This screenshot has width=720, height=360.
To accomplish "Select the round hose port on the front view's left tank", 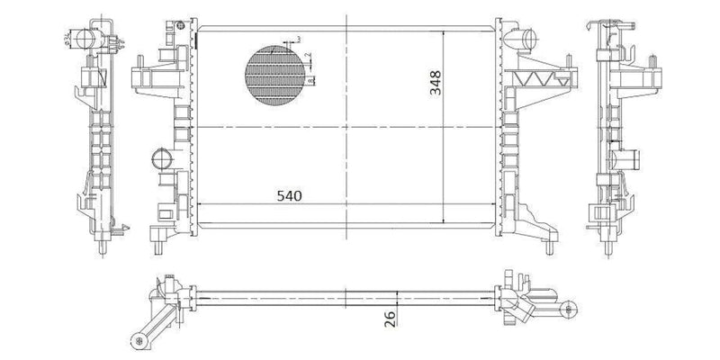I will tap(161, 162).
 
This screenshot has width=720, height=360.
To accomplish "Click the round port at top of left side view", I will tap(83, 39).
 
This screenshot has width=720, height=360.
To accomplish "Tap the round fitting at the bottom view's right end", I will tap(568, 310).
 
